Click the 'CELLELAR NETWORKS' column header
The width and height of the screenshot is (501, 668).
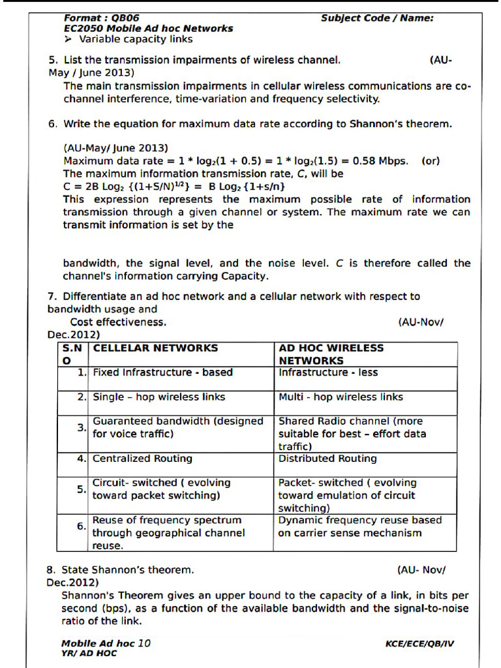[155, 348]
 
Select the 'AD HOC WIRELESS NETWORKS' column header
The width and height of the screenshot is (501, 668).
[331, 354]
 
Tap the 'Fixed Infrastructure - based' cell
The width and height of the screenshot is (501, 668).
[162, 372]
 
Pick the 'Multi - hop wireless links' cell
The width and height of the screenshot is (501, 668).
[341, 397]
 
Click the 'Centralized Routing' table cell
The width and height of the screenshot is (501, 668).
[142, 459]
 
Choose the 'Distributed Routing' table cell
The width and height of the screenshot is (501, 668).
[327, 459]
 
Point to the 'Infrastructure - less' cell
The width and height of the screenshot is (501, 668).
[328, 372]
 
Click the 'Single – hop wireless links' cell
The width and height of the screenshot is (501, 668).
[159, 397]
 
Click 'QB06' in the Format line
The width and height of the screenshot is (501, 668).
[125, 18]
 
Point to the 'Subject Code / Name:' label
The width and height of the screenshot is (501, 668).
[376, 18]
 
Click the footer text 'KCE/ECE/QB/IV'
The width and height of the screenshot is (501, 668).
[419, 644]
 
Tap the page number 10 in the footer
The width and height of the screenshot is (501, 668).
[144, 643]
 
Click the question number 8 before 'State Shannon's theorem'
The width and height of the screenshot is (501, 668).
[51, 569]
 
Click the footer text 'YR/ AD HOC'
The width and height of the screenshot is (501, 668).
[89, 653]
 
